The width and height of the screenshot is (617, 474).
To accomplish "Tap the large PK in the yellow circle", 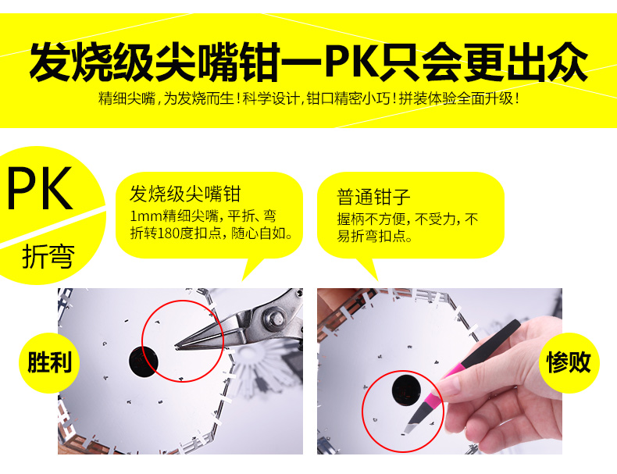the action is point(40,189).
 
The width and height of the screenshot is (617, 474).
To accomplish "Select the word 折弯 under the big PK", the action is point(48,256).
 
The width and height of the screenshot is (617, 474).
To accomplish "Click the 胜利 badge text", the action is point(49,362).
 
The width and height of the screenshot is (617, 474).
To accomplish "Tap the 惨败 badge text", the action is point(569,362).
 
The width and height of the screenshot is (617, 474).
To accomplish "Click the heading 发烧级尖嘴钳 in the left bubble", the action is point(185,194).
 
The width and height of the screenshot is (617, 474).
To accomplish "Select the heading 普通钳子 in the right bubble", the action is point(373,197).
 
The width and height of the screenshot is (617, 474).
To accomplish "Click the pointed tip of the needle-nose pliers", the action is point(177,347).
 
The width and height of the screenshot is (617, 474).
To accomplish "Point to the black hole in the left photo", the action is point(143,361).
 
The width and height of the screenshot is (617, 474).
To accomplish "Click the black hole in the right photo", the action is point(406,390).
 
